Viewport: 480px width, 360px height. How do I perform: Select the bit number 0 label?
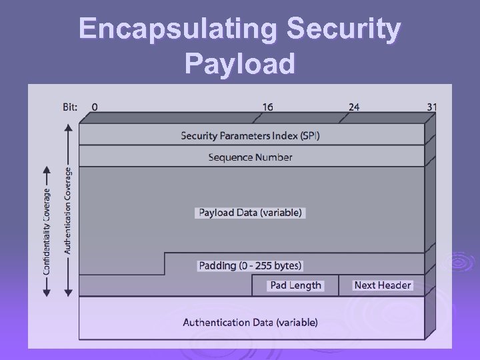[x=95, y=107]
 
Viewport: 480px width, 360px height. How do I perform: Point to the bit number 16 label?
[x=267, y=107]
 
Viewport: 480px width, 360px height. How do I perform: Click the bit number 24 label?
[x=353, y=107]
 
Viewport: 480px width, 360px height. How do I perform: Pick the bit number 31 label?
[x=431, y=107]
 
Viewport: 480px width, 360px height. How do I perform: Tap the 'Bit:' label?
[x=70, y=107]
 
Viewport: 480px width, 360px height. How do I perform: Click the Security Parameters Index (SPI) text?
[x=251, y=136]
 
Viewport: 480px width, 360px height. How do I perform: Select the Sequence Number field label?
[x=251, y=157]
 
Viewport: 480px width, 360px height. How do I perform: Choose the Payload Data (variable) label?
[x=251, y=213]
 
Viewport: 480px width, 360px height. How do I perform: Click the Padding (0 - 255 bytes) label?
[x=251, y=265]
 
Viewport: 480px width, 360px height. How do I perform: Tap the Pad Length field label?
[x=295, y=285]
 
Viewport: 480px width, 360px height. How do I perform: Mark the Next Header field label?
[x=383, y=285]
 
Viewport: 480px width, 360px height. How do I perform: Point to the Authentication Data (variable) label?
[x=251, y=323]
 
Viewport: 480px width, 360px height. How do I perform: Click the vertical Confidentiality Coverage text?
[x=47, y=231]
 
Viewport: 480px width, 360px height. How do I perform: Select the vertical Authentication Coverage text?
[x=67, y=210]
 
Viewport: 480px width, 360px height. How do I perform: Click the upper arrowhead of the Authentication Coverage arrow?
[x=67, y=129]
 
